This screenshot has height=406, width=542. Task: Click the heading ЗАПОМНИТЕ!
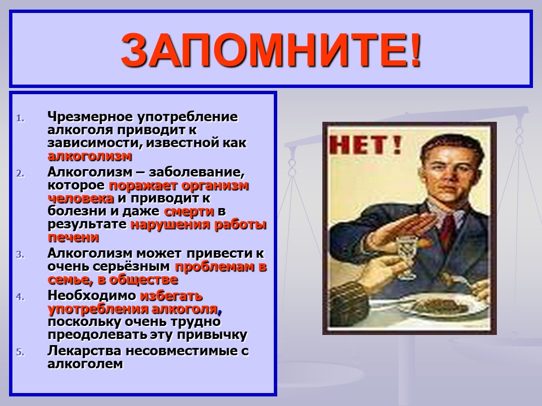coord(272,50)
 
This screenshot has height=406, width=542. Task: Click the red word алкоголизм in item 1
coord(90,156)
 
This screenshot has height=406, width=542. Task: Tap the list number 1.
coord(20,118)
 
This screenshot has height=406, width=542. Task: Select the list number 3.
coord(20,255)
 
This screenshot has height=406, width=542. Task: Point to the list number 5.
coord(20,352)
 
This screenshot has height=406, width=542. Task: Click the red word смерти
coord(189,211)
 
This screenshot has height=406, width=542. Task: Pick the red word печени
coord(73,237)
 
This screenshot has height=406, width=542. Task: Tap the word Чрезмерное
coord(90,117)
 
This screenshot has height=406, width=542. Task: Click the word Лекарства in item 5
coord(84,351)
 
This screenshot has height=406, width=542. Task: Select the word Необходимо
coord(92,295)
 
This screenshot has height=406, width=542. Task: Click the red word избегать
coord(171,295)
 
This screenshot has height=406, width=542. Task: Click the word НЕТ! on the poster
coord(365,145)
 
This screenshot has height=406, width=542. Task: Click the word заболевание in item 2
coord(196,172)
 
